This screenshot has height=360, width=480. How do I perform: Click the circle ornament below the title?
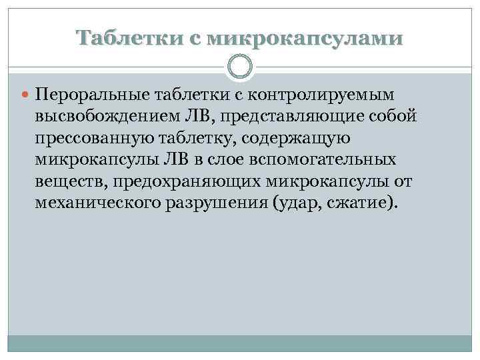[240, 67]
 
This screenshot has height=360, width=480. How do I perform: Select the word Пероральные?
[93, 95]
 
